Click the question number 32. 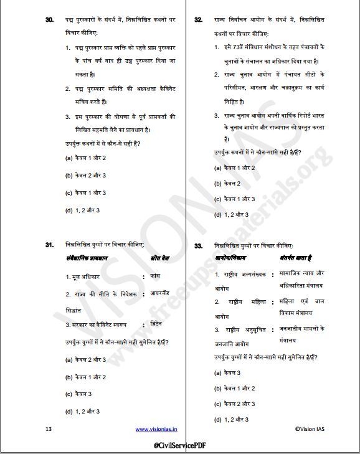pyautogui.click(x=198, y=21)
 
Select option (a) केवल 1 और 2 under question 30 pyautogui.click(x=85, y=158)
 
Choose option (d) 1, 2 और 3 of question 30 pyautogui.click(x=82, y=210)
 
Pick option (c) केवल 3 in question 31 pyautogui.click(x=78, y=394)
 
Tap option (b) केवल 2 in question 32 pyautogui.click(x=227, y=184)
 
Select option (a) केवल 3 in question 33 pyautogui.click(x=227, y=372)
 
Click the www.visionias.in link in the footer pyautogui.click(x=156, y=428)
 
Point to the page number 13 pyautogui.click(x=49, y=428)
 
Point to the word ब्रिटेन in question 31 pyautogui.click(x=159, y=324)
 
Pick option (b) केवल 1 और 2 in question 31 pyautogui.click(x=85, y=377)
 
